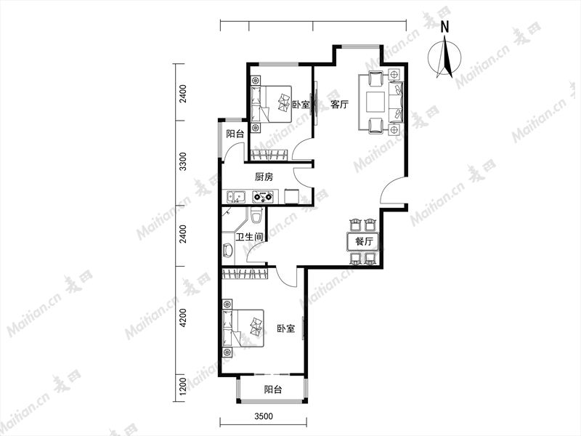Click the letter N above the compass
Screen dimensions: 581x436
coord(445,27)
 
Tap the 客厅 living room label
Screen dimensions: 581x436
coord(339,104)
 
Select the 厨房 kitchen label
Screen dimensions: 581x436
coord(264,177)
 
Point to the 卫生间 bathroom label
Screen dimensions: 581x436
coord(249,237)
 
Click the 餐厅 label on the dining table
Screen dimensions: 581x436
coord(364,241)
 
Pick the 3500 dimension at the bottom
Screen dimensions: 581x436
coord(264,416)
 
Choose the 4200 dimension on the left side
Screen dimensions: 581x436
coord(182,318)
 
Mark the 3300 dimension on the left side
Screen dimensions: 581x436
coord(182,161)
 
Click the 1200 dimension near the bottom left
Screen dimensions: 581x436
coord(182,387)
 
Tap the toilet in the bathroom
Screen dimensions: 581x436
coord(256,214)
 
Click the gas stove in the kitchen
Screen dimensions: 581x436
coord(263,196)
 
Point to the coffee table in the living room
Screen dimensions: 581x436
coord(376,102)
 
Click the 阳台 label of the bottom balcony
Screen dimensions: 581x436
coord(273,389)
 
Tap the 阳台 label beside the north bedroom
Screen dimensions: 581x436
coord(235,134)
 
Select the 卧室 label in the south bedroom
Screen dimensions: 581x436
coord(286,328)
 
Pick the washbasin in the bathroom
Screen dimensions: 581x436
coord(227,250)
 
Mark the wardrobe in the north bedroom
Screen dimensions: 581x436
coord(269,155)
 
